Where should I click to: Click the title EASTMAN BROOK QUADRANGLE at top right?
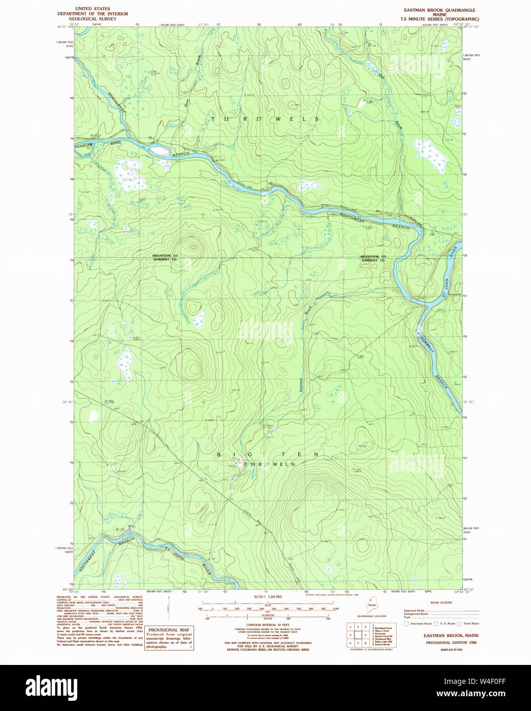coord(439,10)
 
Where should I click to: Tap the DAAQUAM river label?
coord(85,145)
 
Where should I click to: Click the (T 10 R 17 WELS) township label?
coord(269,464)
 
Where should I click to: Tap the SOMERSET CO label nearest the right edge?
coord(373,260)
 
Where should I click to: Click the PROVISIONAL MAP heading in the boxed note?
coord(169,630)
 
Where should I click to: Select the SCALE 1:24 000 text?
coord(268,597)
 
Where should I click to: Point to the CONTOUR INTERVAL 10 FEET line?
coord(268,625)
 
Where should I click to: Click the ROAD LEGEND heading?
coord(441,603)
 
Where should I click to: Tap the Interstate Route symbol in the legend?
coord(407,624)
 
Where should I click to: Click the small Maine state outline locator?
coord(372,608)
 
